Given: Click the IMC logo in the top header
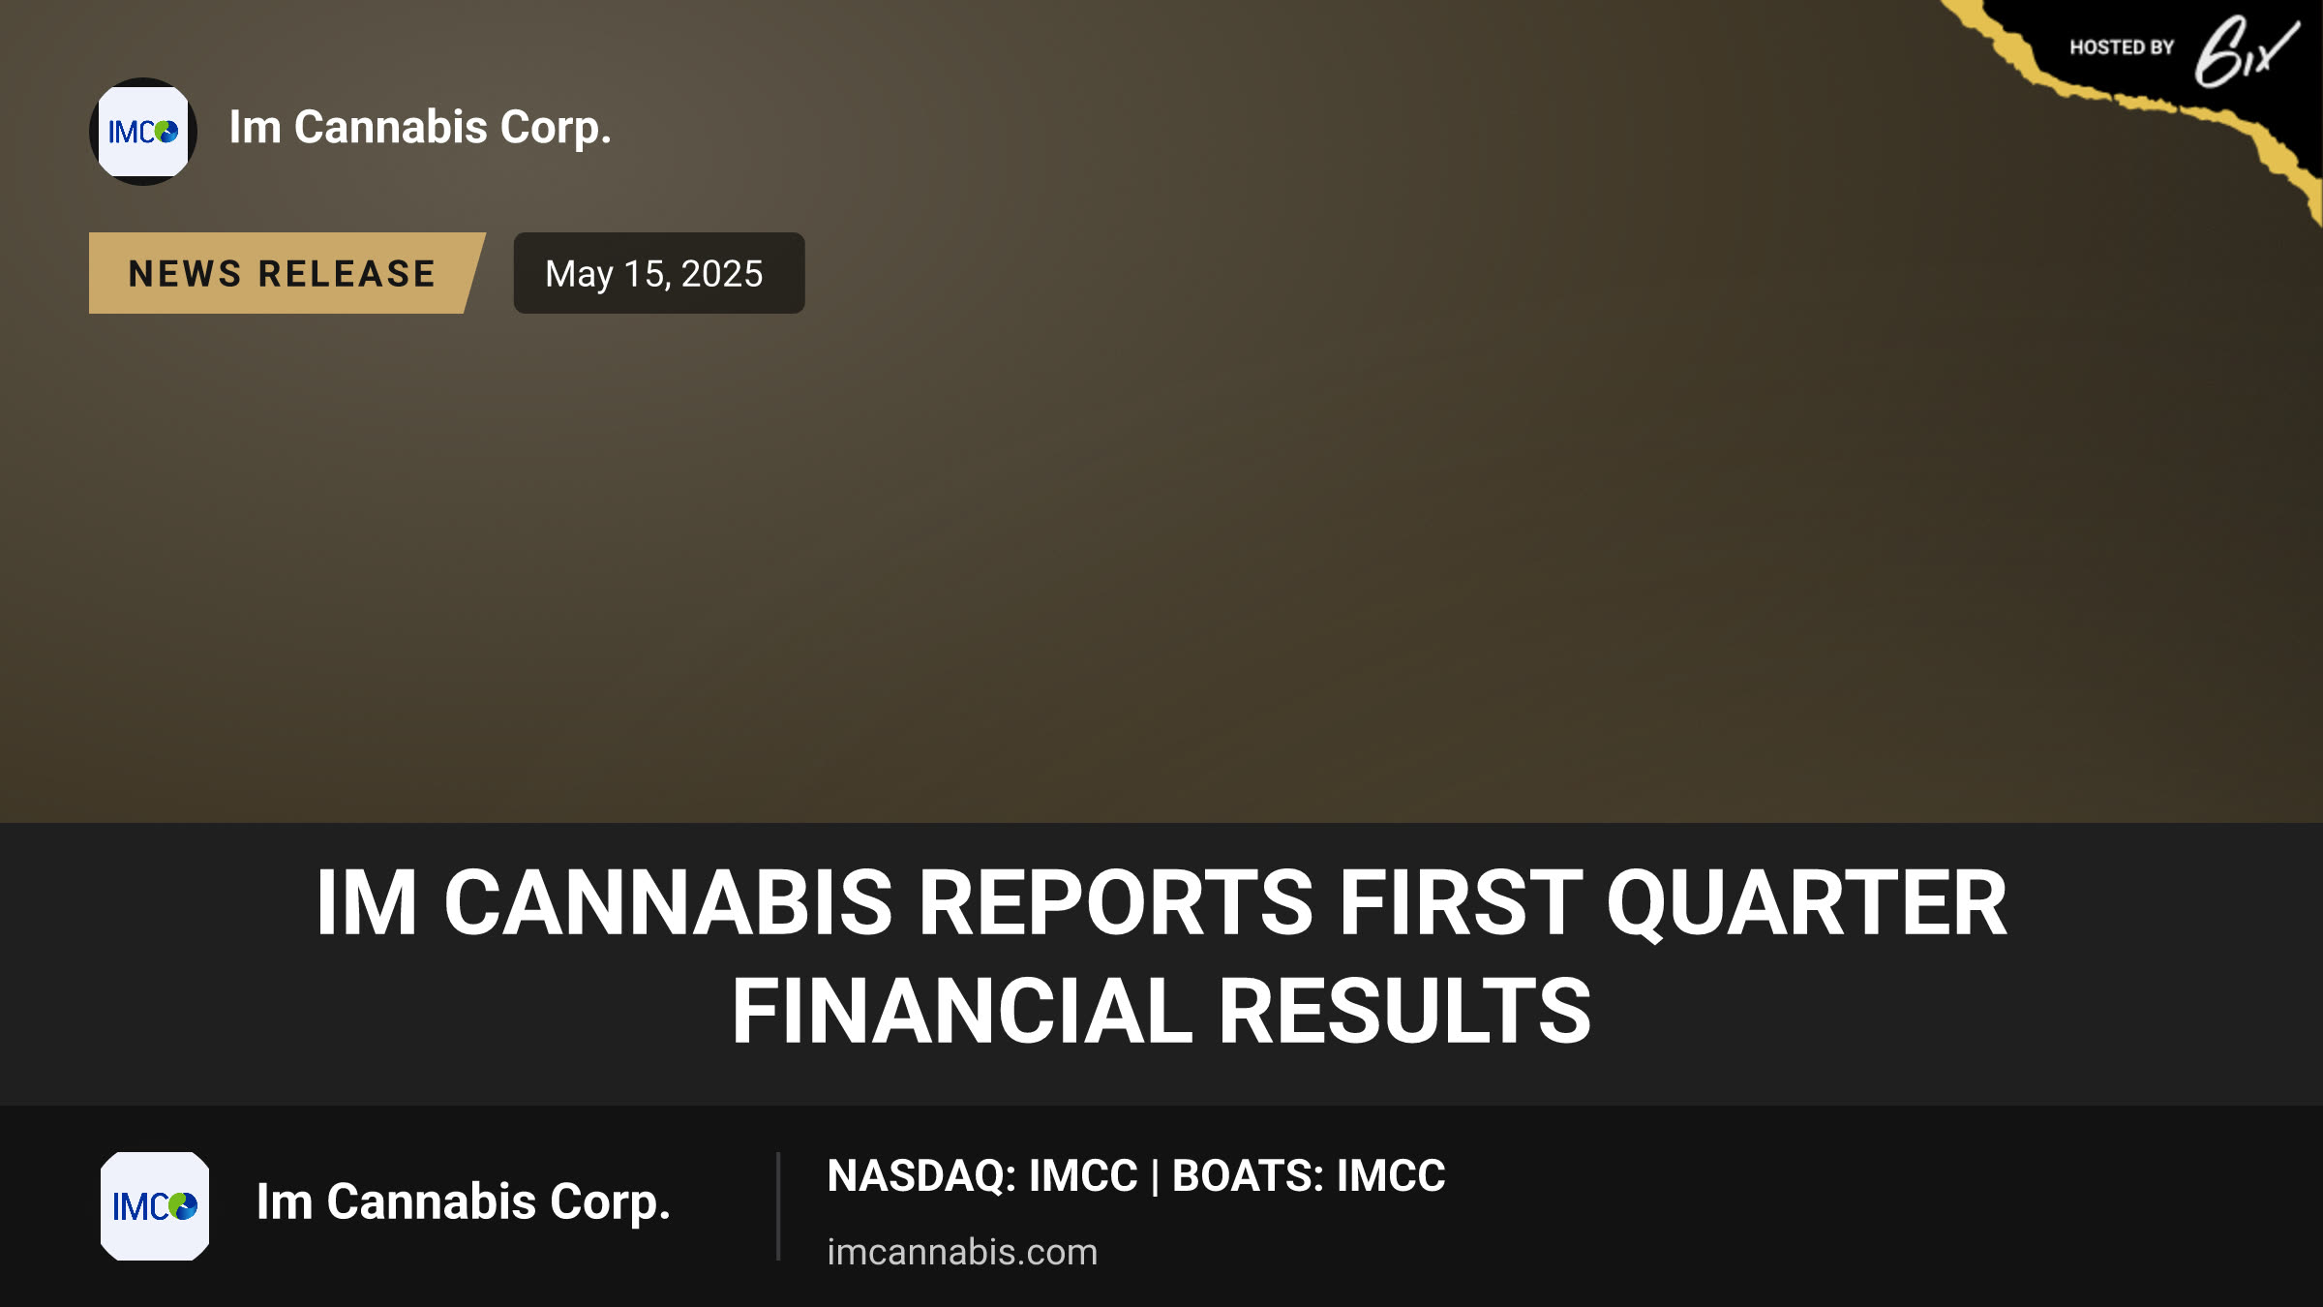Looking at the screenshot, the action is (x=143, y=132).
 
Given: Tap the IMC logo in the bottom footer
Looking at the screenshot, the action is (x=155, y=1206).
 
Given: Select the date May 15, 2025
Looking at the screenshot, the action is (x=654, y=274).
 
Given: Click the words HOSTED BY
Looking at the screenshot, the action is (x=2122, y=47).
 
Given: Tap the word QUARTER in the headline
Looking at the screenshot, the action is (x=1807, y=903).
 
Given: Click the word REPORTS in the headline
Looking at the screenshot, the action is (x=1115, y=903).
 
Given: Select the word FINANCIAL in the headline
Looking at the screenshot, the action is (x=962, y=1012).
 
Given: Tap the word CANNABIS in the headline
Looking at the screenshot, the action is (x=668, y=903).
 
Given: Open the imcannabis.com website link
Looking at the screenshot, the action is (x=962, y=1252).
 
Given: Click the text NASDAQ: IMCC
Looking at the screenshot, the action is (x=982, y=1176).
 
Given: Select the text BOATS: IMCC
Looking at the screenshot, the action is (x=1309, y=1176).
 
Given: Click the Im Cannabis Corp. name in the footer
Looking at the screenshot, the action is (x=463, y=1202).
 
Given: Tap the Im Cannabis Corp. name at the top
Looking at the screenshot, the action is (x=420, y=128).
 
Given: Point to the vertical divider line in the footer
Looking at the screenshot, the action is (x=778, y=1206).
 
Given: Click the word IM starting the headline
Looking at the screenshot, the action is (x=367, y=903).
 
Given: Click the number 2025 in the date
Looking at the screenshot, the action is (x=722, y=274).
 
